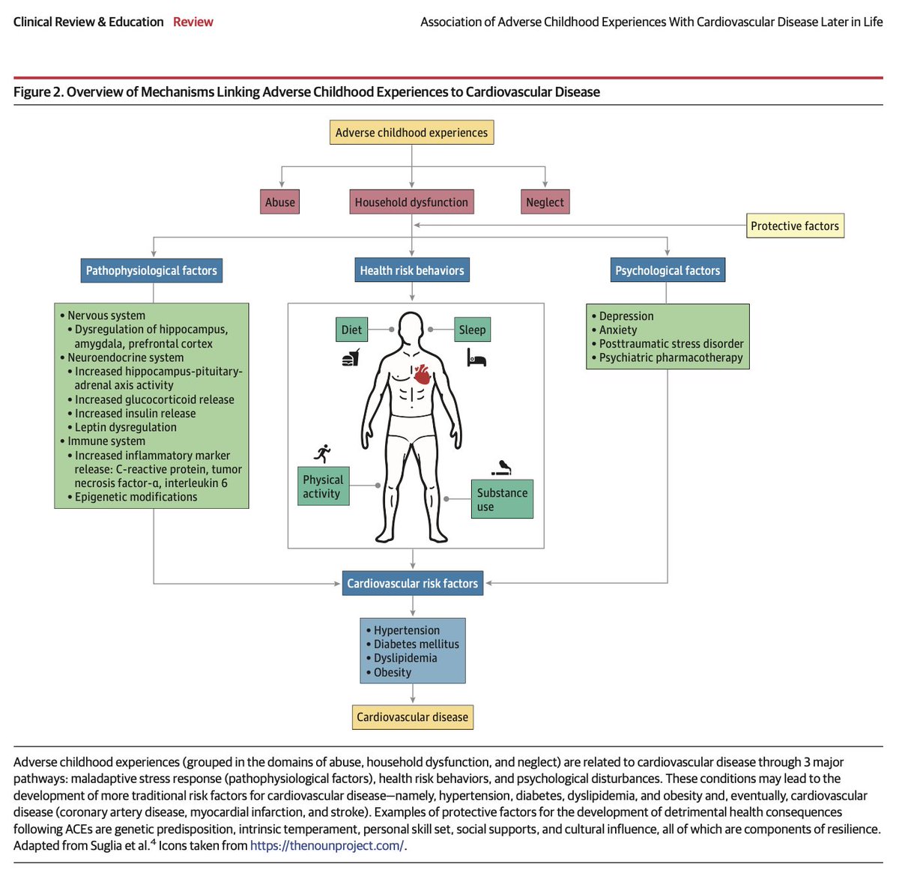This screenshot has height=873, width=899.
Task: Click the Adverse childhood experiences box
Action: pos(411,133)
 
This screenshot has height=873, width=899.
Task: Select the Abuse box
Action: pos(280,202)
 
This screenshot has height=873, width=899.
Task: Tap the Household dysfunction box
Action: pos(411,202)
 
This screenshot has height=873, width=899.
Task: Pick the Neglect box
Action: pos(545,202)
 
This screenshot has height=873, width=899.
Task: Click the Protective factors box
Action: pos(795,226)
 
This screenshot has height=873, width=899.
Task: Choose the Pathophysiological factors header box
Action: pos(151,271)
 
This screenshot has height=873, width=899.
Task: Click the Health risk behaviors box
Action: pos(412,271)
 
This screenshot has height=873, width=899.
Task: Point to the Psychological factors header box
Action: pos(668,271)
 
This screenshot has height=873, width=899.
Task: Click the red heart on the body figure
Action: pos(423,373)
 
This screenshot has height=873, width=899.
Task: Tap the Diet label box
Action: pos(351,330)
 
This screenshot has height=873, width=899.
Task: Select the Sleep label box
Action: pos(472,330)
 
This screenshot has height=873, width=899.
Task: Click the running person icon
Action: pos(323,453)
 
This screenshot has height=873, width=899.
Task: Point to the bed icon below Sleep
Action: pos(476,359)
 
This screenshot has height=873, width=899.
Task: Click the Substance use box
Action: pos(502,500)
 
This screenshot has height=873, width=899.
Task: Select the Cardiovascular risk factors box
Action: pos(412,584)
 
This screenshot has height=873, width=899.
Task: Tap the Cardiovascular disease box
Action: pos(412,717)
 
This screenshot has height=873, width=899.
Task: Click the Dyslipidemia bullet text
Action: pos(405,658)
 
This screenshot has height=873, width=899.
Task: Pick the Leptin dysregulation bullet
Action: pos(126,427)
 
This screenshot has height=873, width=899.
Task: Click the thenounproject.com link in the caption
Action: pos(327,845)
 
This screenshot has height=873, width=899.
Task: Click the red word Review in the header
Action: pos(193,22)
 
